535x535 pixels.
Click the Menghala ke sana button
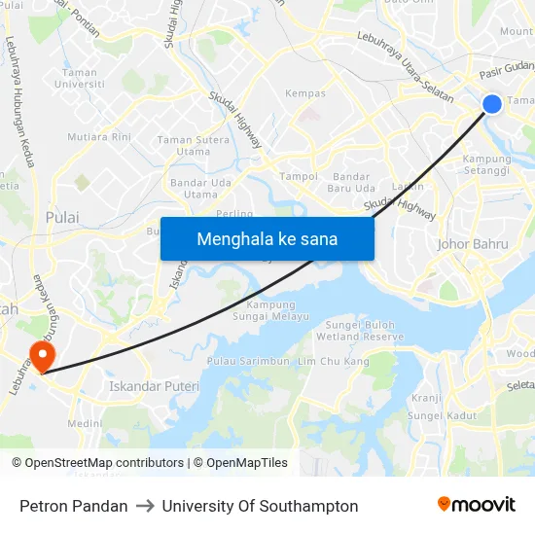[x=267, y=238]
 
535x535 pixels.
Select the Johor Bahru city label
[x=474, y=244]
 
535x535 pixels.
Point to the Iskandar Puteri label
[x=154, y=386]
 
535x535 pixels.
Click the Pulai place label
[x=62, y=218]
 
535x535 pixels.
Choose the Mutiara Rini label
[x=99, y=137]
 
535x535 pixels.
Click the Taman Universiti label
[x=79, y=78]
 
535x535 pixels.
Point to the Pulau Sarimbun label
[x=248, y=361]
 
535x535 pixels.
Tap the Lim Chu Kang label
[x=333, y=361]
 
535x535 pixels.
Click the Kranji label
[x=426, y=397]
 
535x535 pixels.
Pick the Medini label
[x=85, y=424]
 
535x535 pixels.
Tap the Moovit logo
[x=477, y=505]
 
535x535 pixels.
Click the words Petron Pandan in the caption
[x=74, y=506]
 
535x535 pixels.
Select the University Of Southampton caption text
[x=260, y=506]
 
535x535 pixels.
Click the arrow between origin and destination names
[x=145, y=506]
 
